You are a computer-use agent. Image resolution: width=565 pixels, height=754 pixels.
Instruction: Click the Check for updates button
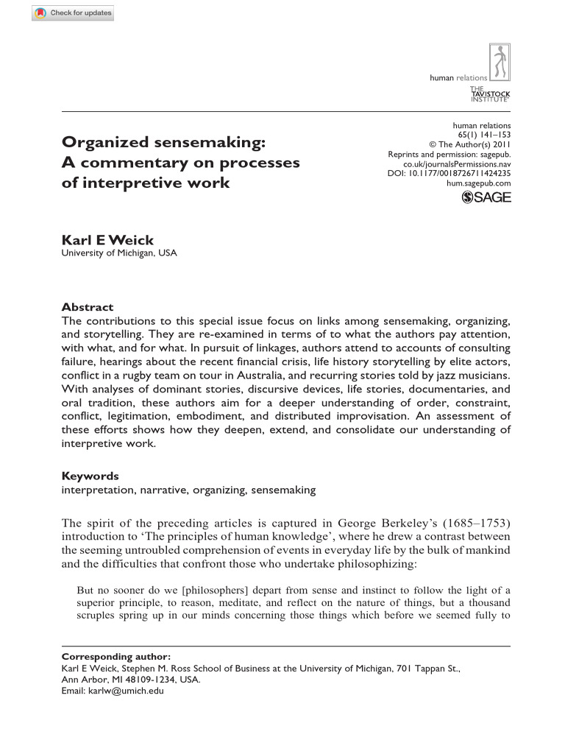point(73,13)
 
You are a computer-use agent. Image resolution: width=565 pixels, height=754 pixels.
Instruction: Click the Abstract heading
point(87,307)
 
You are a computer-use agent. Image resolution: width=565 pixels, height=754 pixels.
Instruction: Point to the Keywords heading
point(90,476)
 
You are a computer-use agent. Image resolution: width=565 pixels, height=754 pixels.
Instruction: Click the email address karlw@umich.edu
point(123,691)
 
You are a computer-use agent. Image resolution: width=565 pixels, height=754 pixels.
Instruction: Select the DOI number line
point(449,173)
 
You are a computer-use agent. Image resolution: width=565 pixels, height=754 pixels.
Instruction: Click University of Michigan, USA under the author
point(118,253)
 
